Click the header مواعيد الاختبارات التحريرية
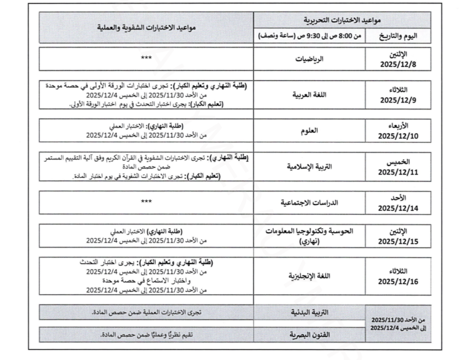(342, 20)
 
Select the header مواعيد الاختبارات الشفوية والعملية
(146, 28)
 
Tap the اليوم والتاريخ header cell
(398, 36)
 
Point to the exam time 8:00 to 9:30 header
(309, 36)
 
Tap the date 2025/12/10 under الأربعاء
(398, 135)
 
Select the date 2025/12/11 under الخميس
(398, 172)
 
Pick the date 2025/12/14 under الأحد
(398, 208)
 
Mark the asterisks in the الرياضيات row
(146, 59)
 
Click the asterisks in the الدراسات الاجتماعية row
(146, 202)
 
